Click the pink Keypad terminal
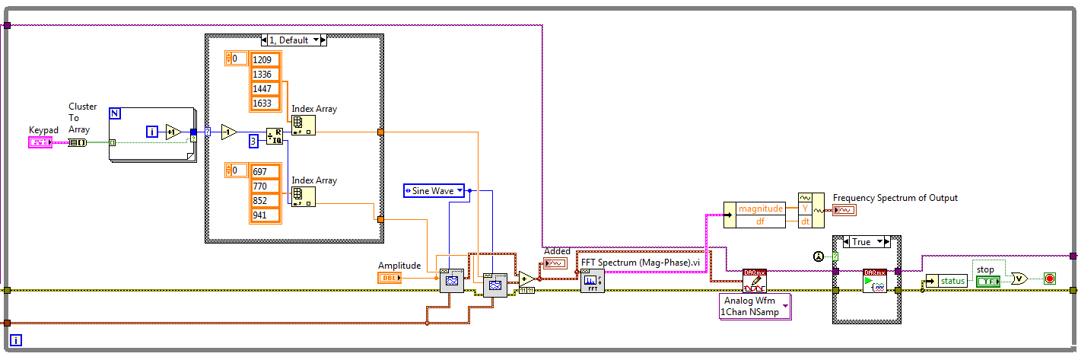(x=40, y=142)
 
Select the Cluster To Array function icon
(x=77, y=142)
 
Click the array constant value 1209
(x=266, y=59)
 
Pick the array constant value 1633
(x=266, y=103)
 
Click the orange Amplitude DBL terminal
(x=390, y=278)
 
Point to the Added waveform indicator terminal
(x=553, y=263)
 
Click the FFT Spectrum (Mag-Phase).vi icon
(x=592, y=281)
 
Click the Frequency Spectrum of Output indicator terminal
(x=844, y=209)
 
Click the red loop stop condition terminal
(x=1051, y=279)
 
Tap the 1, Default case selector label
(x=294, y=40)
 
